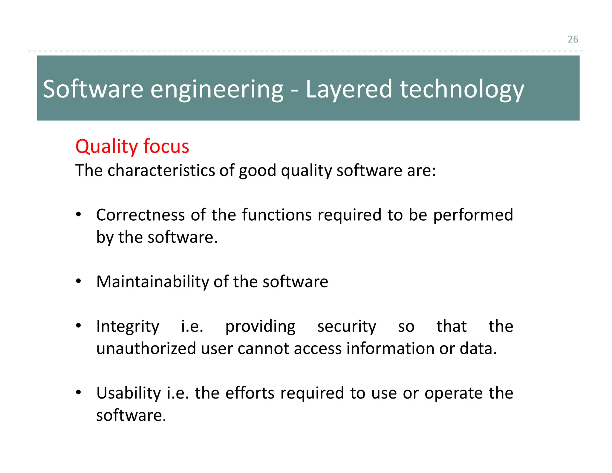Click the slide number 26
pos(573,39)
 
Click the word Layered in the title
pos(348,89)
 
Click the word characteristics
pos(161,170)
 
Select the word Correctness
pos(140,215)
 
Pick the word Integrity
pos(128,326)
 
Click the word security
pos(347,326)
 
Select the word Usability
pos(128,393)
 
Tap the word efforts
pos(250,393)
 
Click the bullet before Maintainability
pos(78,281)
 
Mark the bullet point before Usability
pos(78,392)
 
